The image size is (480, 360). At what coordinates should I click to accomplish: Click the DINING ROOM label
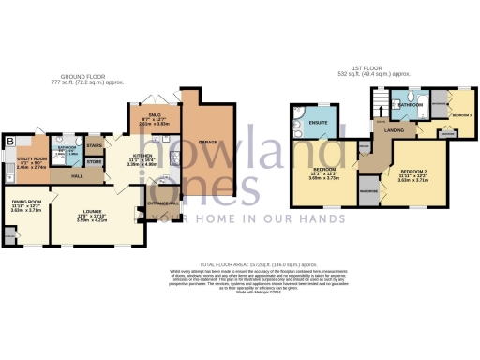click(25, 203)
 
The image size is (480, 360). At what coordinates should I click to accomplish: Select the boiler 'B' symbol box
click(10, 142)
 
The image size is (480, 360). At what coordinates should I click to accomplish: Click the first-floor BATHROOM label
click(410, 106)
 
